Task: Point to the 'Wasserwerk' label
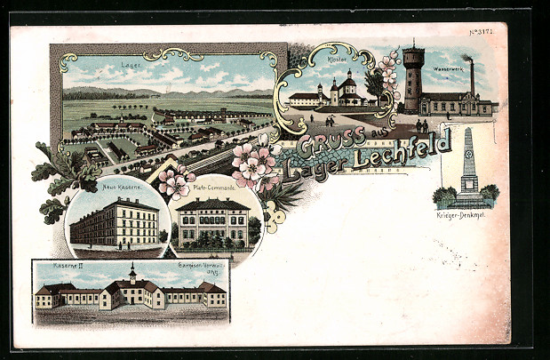point(448,68)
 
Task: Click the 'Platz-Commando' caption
point(213,188)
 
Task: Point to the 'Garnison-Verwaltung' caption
point(199,266)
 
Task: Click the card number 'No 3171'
point(482,32)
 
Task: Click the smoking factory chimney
point(470,76)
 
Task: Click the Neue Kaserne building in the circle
point(115,222)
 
